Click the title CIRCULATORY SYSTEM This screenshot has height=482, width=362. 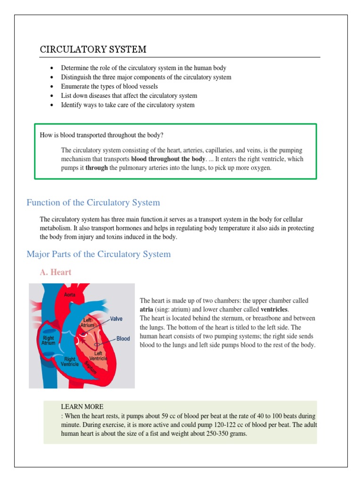[93, 49]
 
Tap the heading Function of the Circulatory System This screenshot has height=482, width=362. [93, 202]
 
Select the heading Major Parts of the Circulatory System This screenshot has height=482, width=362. [99, 254]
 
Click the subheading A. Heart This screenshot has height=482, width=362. [56, 272]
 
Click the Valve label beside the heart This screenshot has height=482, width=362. [115, 319]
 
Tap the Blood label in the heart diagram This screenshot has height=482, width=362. [123, 338]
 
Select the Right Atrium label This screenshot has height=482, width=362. [48, 340]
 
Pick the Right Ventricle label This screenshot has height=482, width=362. [70, 361]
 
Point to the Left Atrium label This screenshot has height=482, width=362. [87, 322]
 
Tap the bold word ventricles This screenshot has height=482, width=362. [274, 309]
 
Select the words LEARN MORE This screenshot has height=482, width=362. [82, 407]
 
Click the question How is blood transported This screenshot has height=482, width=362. [102, 135]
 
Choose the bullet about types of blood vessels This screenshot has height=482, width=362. [109, 86]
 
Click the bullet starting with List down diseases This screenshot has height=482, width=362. [129, 96]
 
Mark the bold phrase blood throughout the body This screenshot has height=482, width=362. [168, 159]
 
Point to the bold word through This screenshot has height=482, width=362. [97, 168]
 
